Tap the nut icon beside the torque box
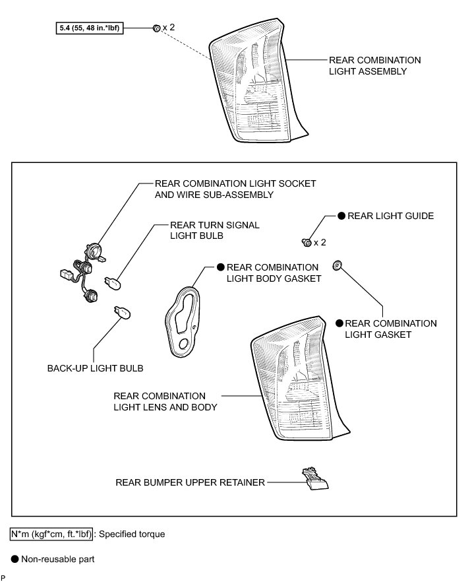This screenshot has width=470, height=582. pyautogui.click(x=156, y=28)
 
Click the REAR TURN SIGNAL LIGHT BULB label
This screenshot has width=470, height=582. pyautogui.click(x=205, y=230)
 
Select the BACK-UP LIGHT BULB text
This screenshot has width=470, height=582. pyautogui.click(x=94, y=368)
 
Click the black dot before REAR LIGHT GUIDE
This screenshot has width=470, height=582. pyautogui.click(x=341, y=216)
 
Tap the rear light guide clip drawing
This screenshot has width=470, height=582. pyautogui.click(x=306, y=243)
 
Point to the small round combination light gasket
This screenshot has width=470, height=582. pyautogui.click(x=337, y=266)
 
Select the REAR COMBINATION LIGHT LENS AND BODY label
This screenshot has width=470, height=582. pyautogui.click(x=165, y=401)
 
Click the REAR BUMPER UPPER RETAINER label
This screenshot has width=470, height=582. pyautogui.click(x=190, y=482)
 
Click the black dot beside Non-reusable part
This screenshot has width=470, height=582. pyautogui.click(x=15, y=560)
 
